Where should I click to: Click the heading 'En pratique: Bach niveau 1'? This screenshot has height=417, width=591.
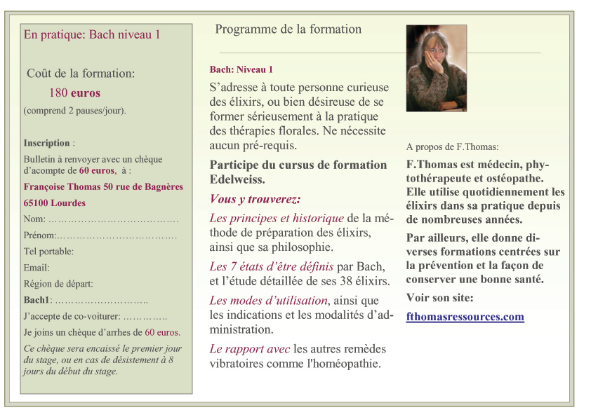[92, 34]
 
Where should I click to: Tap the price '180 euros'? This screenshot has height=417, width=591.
[74, 93]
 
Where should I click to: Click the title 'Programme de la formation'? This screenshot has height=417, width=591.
[288, 29]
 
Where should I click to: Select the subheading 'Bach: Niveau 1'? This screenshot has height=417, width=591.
[241, 69]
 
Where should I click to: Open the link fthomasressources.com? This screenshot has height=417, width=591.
[465, 317]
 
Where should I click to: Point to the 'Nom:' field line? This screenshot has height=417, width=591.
[101, 220]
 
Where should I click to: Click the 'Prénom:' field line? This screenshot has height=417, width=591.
[100, 235]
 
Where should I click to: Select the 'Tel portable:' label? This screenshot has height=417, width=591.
[48, 251]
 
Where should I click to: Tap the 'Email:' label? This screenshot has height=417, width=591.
[36, 268]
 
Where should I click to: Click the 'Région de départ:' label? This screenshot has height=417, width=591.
[58, 284]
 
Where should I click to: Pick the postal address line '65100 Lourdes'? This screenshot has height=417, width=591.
[55, 203]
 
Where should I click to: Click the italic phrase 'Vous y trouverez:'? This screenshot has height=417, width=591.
[255, 199]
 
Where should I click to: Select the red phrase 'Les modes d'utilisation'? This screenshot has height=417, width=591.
[269, 301]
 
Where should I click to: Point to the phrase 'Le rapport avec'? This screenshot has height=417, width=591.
[249, 348]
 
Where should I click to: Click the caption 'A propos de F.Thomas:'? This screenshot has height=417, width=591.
[452, 147]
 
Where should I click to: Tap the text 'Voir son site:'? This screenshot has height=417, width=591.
[439, 298]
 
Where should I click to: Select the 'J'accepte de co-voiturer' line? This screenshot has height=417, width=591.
[95, 316]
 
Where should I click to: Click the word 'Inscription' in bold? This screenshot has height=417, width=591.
[46, 143]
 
